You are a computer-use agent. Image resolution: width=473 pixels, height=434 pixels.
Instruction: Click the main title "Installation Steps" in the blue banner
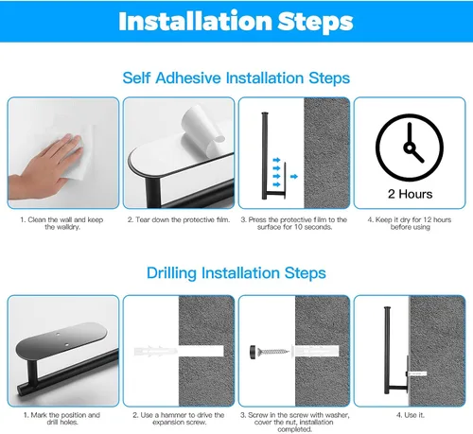[x=236, y=21]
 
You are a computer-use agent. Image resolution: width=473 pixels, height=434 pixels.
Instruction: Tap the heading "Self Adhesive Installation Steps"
[x=236, y=78]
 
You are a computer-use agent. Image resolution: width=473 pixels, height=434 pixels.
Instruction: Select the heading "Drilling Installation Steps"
[x=236, y=273]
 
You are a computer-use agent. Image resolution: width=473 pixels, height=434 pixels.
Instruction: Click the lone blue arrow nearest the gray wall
[x=294, y=177]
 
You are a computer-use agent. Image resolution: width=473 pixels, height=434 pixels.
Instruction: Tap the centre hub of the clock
[x=409, y=148]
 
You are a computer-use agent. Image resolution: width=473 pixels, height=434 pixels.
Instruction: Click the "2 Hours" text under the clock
[x=410, y=194]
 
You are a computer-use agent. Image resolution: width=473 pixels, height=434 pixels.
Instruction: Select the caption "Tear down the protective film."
[x=179, y=219]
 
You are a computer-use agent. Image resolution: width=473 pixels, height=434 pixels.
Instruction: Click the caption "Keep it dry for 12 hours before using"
[x=410, y=223]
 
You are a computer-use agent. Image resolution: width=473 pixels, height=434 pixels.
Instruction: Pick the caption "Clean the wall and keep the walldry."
[x=62, y=223]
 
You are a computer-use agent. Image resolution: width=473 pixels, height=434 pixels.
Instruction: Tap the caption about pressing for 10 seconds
[x=294, y=223]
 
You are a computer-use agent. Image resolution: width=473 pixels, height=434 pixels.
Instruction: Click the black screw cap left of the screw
[x=253, y=350]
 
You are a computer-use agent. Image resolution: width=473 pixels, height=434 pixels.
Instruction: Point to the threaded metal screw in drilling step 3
[x=273, y=351]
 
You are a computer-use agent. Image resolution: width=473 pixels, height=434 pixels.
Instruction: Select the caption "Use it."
[x=410, y=415]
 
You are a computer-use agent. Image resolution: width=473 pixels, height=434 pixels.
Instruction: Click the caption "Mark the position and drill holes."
[x=61, y=419]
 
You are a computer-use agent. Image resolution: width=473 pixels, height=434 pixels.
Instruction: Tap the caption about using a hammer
[x=179, y=419]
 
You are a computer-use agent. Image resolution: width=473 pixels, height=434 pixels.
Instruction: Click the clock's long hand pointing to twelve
[x=410, y=134]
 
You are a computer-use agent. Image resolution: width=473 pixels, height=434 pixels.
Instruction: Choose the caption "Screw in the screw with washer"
[x=294, y=415]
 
